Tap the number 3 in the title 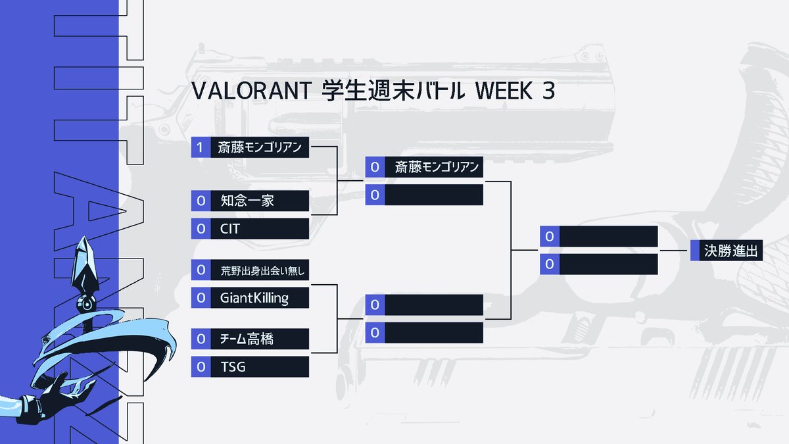(548, 92)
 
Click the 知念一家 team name (248, 201)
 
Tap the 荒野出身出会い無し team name (263, 270)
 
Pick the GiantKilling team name (254, 298)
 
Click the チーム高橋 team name (247, 339)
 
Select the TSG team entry (233, 367)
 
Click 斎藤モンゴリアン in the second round (437, 167)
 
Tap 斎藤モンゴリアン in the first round (260, 147)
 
